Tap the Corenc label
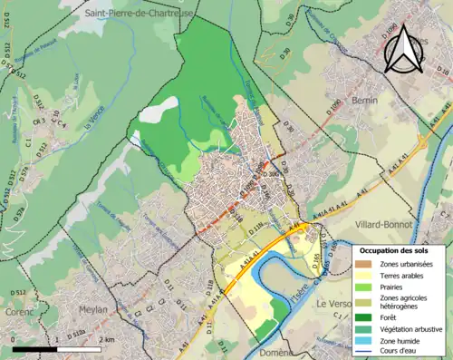click(16, 309)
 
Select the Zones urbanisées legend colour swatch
click(364, 264)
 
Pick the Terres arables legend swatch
click(364, 276)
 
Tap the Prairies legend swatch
click(364, 287)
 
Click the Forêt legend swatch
click(364, 316)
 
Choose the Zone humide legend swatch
click(364, 340)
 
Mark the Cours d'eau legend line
click(364, 352)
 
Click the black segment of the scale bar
click(37, 348)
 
